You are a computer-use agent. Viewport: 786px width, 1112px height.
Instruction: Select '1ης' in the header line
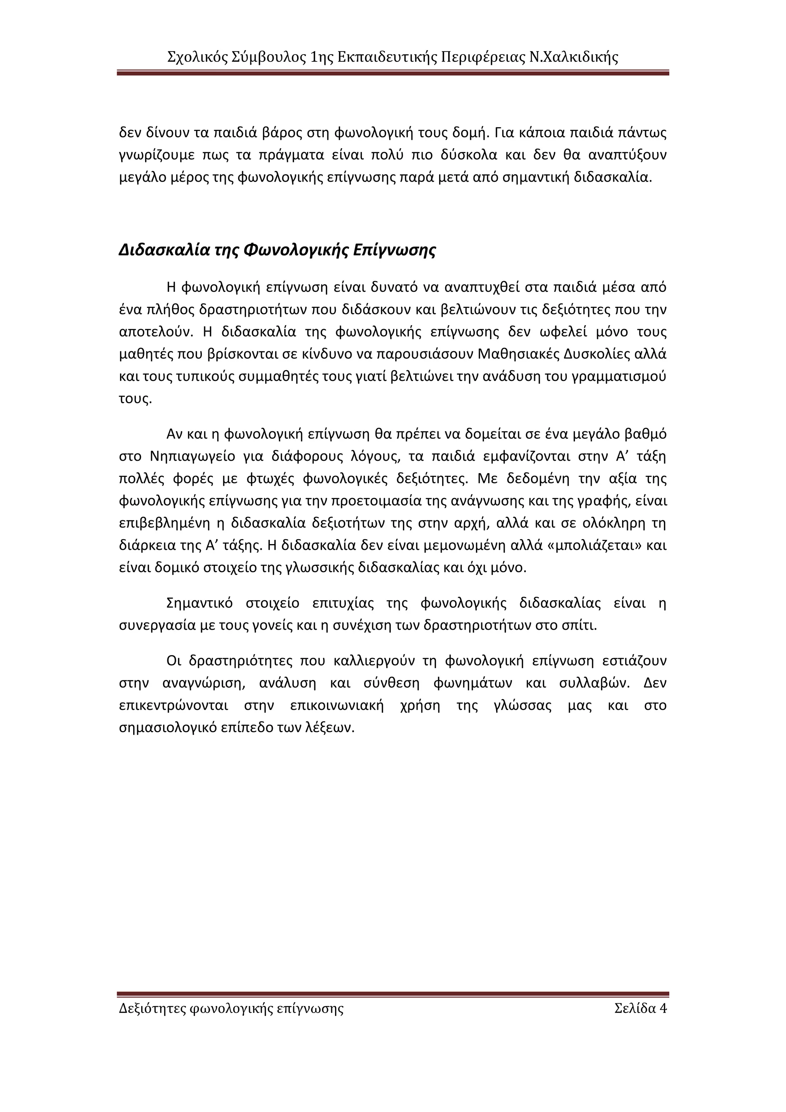(x=321, y=58)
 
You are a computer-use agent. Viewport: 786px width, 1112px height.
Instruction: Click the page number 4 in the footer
(x=663, y=1008)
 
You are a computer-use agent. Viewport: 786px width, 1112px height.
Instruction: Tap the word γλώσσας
(x=523, y=706)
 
